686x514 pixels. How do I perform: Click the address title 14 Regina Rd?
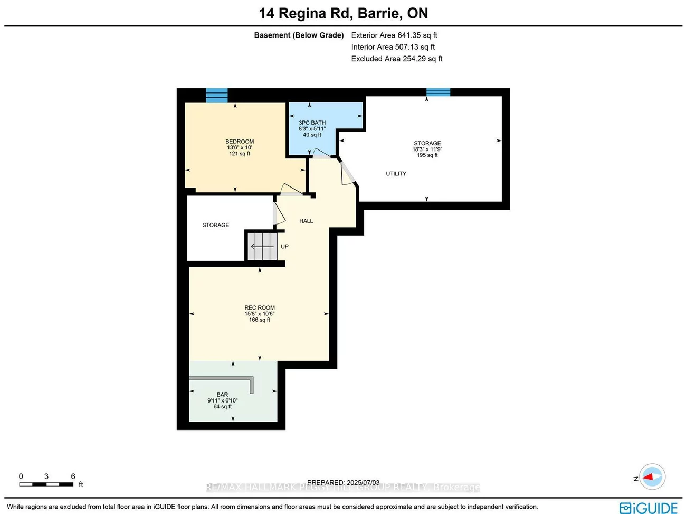(x=343, y=13)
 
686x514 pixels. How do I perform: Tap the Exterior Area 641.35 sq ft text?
(x=394, y=35)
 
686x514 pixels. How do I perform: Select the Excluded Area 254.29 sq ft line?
(x=397, y=59)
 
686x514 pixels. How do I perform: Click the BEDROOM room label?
(x=240, y=142)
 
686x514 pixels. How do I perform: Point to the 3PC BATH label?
(x=312, y=123)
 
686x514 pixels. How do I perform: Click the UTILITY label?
(x=396, y=174)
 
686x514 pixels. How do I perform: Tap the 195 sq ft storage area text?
(x=427, y=155)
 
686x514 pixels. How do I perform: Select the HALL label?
(x=306, y=221)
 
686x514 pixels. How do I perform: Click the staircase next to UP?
(x=262, y=246)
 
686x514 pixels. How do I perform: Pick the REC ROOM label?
(x=260, y=307)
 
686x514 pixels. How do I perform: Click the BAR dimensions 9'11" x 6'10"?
(x=222, y=401)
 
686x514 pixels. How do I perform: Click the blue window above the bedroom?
(x=216, y=96)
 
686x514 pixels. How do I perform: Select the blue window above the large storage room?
(x=438, y=92)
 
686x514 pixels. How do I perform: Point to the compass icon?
(x=652, y=477)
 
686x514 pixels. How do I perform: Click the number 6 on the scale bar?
(x=73, y=476)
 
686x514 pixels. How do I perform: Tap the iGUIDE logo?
(x=649, y=508)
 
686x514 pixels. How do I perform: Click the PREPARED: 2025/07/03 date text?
(x=343, y=482)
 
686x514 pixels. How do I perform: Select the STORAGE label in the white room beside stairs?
(x=215, y=225)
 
